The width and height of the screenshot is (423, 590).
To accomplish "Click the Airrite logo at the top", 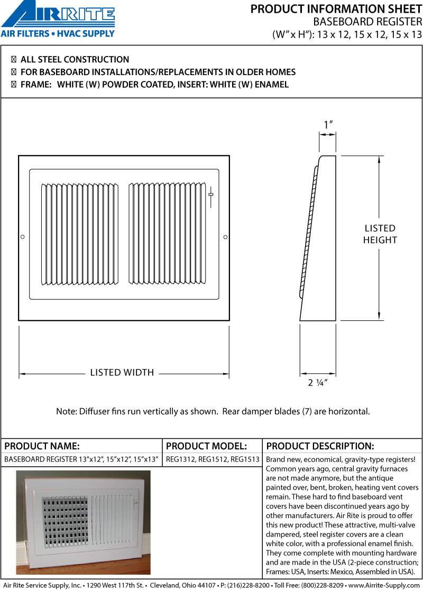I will coord(58,15).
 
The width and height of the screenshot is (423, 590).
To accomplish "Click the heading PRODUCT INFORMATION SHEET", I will coord(336,9).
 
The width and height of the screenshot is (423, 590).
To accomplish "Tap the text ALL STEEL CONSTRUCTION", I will coord(75,60).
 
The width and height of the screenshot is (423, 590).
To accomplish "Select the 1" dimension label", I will coord(328,125).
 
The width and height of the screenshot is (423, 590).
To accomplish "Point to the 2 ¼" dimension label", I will coord(318,383).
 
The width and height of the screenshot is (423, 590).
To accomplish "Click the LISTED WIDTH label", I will coord(122,373).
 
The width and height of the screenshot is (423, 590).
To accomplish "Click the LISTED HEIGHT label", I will coord(380,234).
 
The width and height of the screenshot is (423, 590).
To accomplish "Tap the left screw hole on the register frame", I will coord(22,237).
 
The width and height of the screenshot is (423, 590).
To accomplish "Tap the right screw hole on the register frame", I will coord(225,237).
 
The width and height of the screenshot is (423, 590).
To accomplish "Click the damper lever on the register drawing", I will coord(211,195).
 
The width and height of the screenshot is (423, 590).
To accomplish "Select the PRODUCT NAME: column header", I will coord(42,446).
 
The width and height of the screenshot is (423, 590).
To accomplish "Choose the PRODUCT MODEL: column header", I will coord(206,446).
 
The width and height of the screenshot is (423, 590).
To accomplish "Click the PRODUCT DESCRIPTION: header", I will coord(320,446).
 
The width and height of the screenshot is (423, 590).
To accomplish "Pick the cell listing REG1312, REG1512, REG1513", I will coord(213,459).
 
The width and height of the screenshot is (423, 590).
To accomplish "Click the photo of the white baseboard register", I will coord(83,522).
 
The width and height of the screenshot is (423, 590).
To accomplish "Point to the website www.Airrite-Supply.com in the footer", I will coord(384,585).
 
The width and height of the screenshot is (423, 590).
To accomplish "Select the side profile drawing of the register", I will coord(317,238).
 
